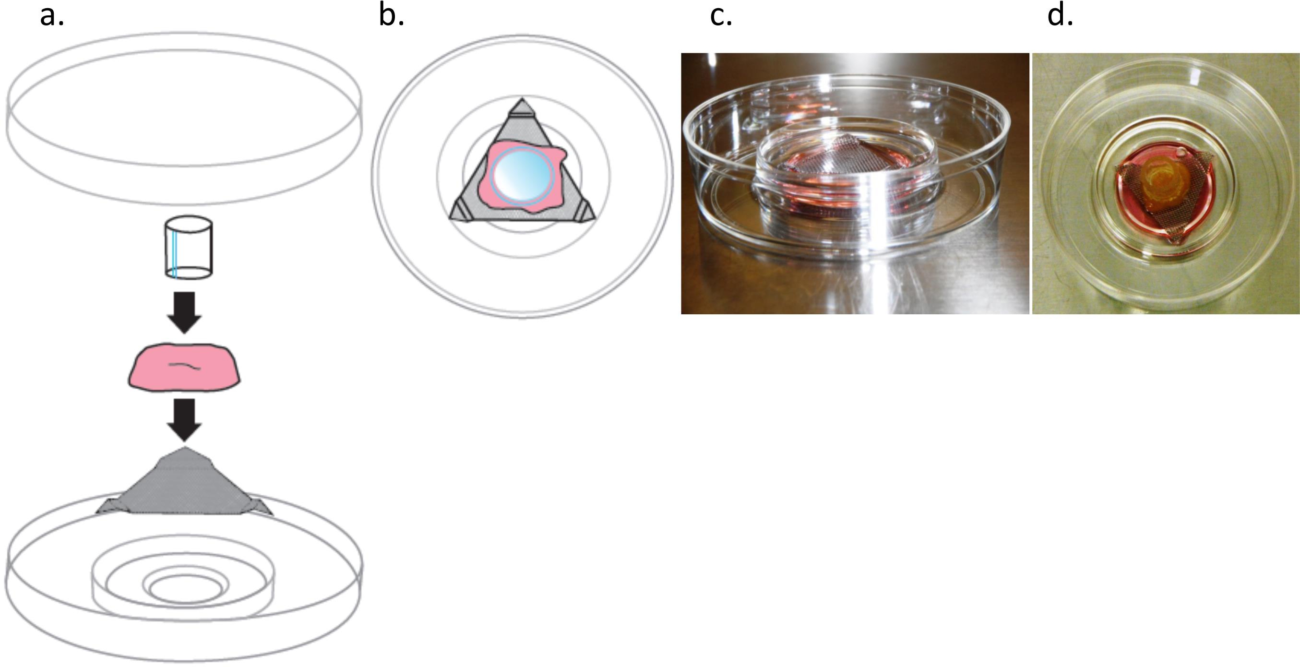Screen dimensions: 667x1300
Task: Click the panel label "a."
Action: click(x=51, y=16)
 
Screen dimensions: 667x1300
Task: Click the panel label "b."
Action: click(x=391, y=16)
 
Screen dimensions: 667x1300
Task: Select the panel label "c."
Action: click(x=721, y=16)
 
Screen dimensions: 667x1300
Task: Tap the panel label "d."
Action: click(x=1060, y=16)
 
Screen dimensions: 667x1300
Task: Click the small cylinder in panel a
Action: click(x=189, y=247)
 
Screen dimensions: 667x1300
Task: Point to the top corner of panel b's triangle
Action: click(x=522, y=107)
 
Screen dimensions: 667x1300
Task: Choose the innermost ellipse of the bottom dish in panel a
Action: click(x=187, y=589)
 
